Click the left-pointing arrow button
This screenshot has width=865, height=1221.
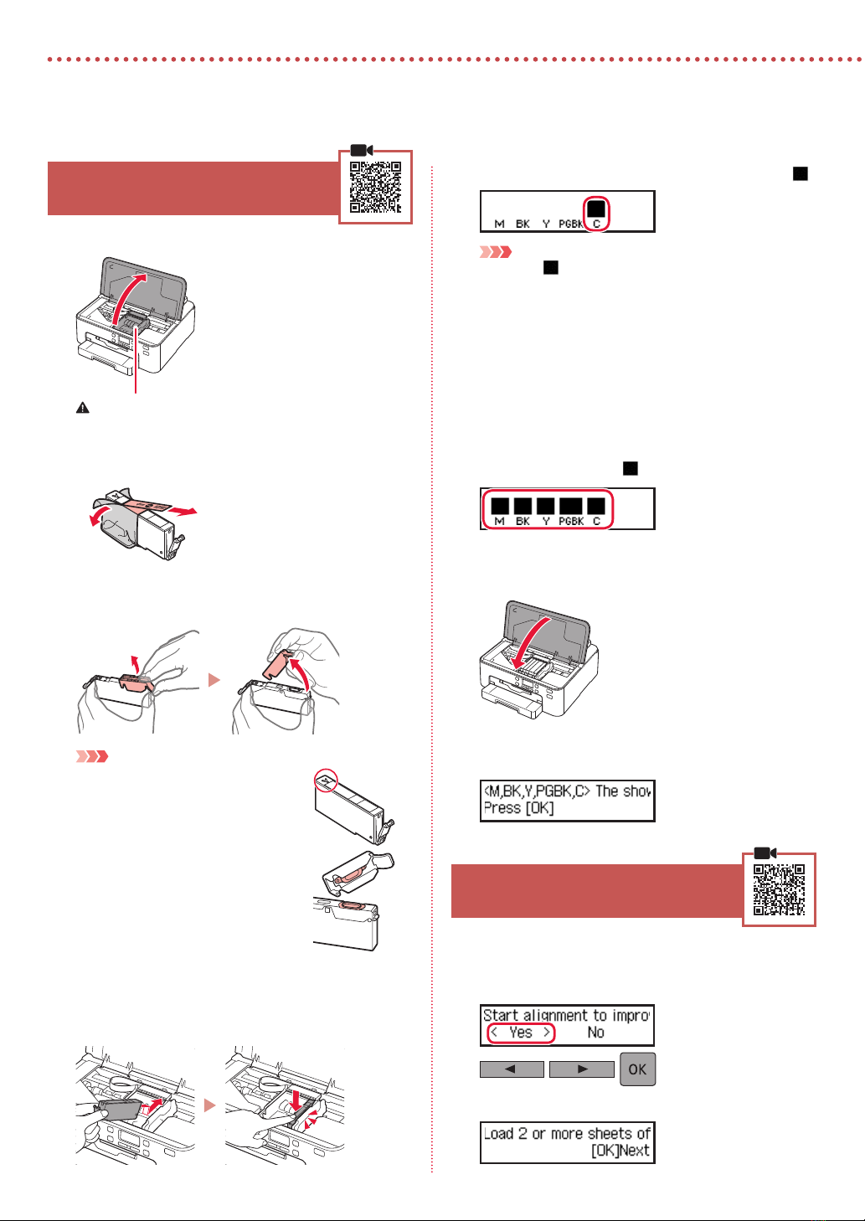coord(511,1069)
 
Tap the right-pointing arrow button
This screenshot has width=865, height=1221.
coord(581,1069)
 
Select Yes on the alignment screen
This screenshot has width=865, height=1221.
coord(521,1033)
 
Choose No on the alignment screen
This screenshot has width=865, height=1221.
coord(595,1033)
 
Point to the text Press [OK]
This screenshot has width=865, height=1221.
coord(518,808)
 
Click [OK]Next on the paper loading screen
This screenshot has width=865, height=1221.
coord(620,1151)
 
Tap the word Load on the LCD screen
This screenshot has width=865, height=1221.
coord(498,1134)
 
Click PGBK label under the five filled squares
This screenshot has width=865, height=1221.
coord(571,521)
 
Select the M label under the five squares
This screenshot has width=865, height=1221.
coord(500,521)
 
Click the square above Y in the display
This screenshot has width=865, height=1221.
coord(546,506)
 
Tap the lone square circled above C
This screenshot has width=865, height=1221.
coord(595,209)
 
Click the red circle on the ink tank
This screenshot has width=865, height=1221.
coord(324,781)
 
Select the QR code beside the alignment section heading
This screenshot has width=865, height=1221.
coord(779,889)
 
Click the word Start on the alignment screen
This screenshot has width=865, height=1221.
coord(501,1015)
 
